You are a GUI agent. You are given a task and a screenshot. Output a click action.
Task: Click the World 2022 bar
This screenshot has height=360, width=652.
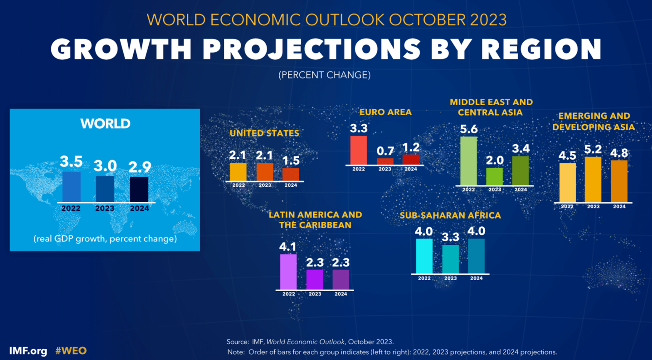pyautogui.click(x=71, y=187)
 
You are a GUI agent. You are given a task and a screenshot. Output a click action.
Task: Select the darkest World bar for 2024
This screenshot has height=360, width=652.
pyautogui.click(x=139, y=190)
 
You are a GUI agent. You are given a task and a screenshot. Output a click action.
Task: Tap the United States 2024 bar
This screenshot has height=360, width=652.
pyautogui.click(x=291, y=175)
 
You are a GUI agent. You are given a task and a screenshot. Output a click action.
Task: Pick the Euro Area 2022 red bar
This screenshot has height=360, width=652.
pyautogui.click(x=358, y=150)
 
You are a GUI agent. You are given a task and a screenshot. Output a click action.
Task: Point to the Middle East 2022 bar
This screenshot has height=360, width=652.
pyautogui.click(x=468, y=161)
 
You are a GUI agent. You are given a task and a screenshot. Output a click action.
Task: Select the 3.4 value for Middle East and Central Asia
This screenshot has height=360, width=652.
pyautogui.click(x=521, y=148)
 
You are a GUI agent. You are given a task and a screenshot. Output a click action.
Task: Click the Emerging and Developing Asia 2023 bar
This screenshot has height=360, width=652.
pyautogui.click(x=593, y=180)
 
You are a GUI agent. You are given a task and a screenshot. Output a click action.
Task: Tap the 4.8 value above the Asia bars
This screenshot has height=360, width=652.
pyautogui.click(x=619, y=153)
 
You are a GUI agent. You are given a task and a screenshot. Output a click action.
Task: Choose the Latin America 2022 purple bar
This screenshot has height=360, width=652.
pyautogui.click(x=288, y=272)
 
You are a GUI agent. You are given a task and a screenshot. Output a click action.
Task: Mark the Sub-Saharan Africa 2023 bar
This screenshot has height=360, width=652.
pyautogui.click(x=450, y=259)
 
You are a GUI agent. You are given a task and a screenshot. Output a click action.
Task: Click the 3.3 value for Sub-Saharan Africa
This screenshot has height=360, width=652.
pyautogui.click(x=450, y=237)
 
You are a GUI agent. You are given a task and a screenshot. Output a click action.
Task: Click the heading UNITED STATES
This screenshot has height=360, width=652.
pyautogui.click(x=264, y=133)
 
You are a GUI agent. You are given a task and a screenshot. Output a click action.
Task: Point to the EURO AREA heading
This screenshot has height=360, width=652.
pyautogui.click(x=385, y=112)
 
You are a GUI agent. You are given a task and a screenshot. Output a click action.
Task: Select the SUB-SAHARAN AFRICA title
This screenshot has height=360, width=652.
pyautogui.click(x=450, y=215)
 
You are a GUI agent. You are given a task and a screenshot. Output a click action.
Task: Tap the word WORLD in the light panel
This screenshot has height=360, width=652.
pyautogui.click(x=105, y=124)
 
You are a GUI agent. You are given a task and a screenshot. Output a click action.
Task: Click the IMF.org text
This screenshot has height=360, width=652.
pyautogui.click(x=28, y=351)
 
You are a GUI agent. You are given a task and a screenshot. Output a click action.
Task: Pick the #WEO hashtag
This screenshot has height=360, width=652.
pyautogui.click(x=71, y=351)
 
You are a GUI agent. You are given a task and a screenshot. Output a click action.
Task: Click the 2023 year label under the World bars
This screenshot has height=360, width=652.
pyautogui.click(x=105, y=209)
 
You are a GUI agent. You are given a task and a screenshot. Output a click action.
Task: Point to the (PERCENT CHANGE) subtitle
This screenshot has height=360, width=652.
pyautogui.click(x=325, y=75)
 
